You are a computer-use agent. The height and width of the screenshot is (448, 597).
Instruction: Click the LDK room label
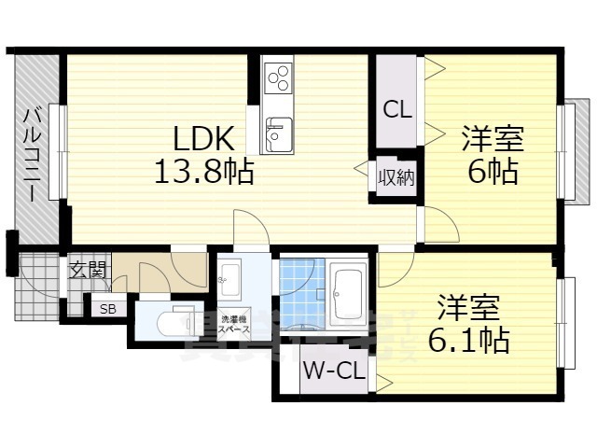[x=203, y=139]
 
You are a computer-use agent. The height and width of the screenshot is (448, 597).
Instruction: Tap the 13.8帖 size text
[x=203, y=172]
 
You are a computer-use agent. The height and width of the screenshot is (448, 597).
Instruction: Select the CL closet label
[x=397, y=108]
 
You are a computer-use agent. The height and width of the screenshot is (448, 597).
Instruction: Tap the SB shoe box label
[x=107, y=307]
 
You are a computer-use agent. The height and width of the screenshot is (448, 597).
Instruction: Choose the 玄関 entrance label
[x=88, y=273]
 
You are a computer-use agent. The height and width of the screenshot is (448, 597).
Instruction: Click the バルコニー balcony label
[x=30, y=154]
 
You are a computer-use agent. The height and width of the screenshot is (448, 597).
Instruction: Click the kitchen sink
[x=277, y=133]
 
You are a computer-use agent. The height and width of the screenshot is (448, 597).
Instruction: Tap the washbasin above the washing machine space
[x=229, y=274]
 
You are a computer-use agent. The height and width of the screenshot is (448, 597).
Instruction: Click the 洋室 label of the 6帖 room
[x=493, y=141]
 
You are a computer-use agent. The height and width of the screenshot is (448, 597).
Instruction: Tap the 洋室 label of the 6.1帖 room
[x=469, y=309]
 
